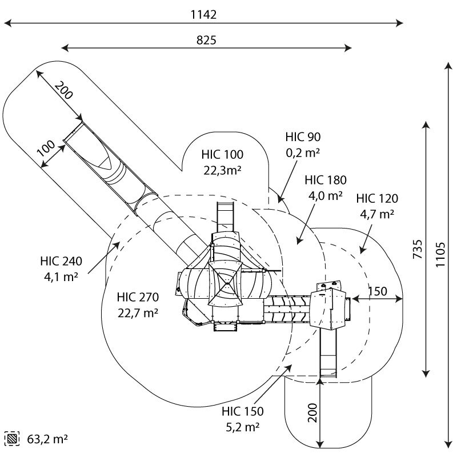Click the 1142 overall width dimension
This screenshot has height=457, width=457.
203,15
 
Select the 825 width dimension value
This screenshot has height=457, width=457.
206,40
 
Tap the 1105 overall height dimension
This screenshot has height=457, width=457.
440,254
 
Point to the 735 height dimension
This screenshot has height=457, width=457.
418,249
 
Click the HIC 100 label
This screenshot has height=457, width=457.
222,154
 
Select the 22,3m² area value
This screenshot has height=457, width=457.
222,170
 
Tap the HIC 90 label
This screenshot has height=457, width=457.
303,137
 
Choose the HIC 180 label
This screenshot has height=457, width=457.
326,180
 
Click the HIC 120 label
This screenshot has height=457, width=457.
377,198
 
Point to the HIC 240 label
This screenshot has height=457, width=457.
61,261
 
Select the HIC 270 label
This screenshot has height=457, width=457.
138,297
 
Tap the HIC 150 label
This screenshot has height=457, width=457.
242,411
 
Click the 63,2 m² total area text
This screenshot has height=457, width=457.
47,439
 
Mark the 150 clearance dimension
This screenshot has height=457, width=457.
378,291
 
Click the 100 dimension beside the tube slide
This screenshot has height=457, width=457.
46,149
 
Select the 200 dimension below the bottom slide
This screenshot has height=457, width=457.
312,412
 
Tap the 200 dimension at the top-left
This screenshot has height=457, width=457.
63,90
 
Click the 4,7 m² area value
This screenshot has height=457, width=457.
377,214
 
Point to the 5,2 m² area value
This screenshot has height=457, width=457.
242,427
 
